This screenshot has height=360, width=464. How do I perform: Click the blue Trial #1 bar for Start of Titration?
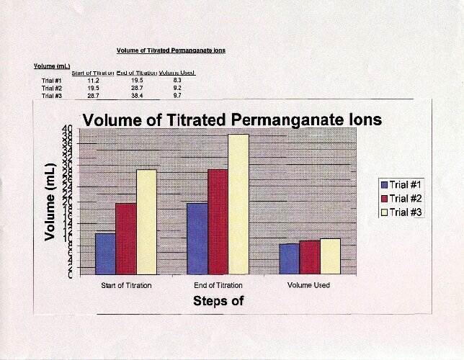click(105, 253)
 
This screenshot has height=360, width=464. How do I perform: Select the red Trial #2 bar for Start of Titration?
click(125, 238)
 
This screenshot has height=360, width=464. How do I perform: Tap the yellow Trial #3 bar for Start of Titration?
click(146, 222)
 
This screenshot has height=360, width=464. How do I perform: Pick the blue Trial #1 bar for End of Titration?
click(197, 238)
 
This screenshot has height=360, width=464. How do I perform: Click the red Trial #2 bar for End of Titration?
click(218, 222)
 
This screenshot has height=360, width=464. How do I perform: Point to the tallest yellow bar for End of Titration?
click(238, 204)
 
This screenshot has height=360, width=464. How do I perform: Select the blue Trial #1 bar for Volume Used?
click(289, 258)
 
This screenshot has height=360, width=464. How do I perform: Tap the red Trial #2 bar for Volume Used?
click(309, 257)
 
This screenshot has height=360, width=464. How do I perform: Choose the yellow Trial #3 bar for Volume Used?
click(329, 256)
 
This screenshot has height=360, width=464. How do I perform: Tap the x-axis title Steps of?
click(218, 301)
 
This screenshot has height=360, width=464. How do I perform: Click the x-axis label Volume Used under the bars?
click(308, 286)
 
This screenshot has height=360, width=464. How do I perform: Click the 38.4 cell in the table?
click(137, 95)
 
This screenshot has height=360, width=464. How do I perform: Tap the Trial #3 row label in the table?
click(52, 95)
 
